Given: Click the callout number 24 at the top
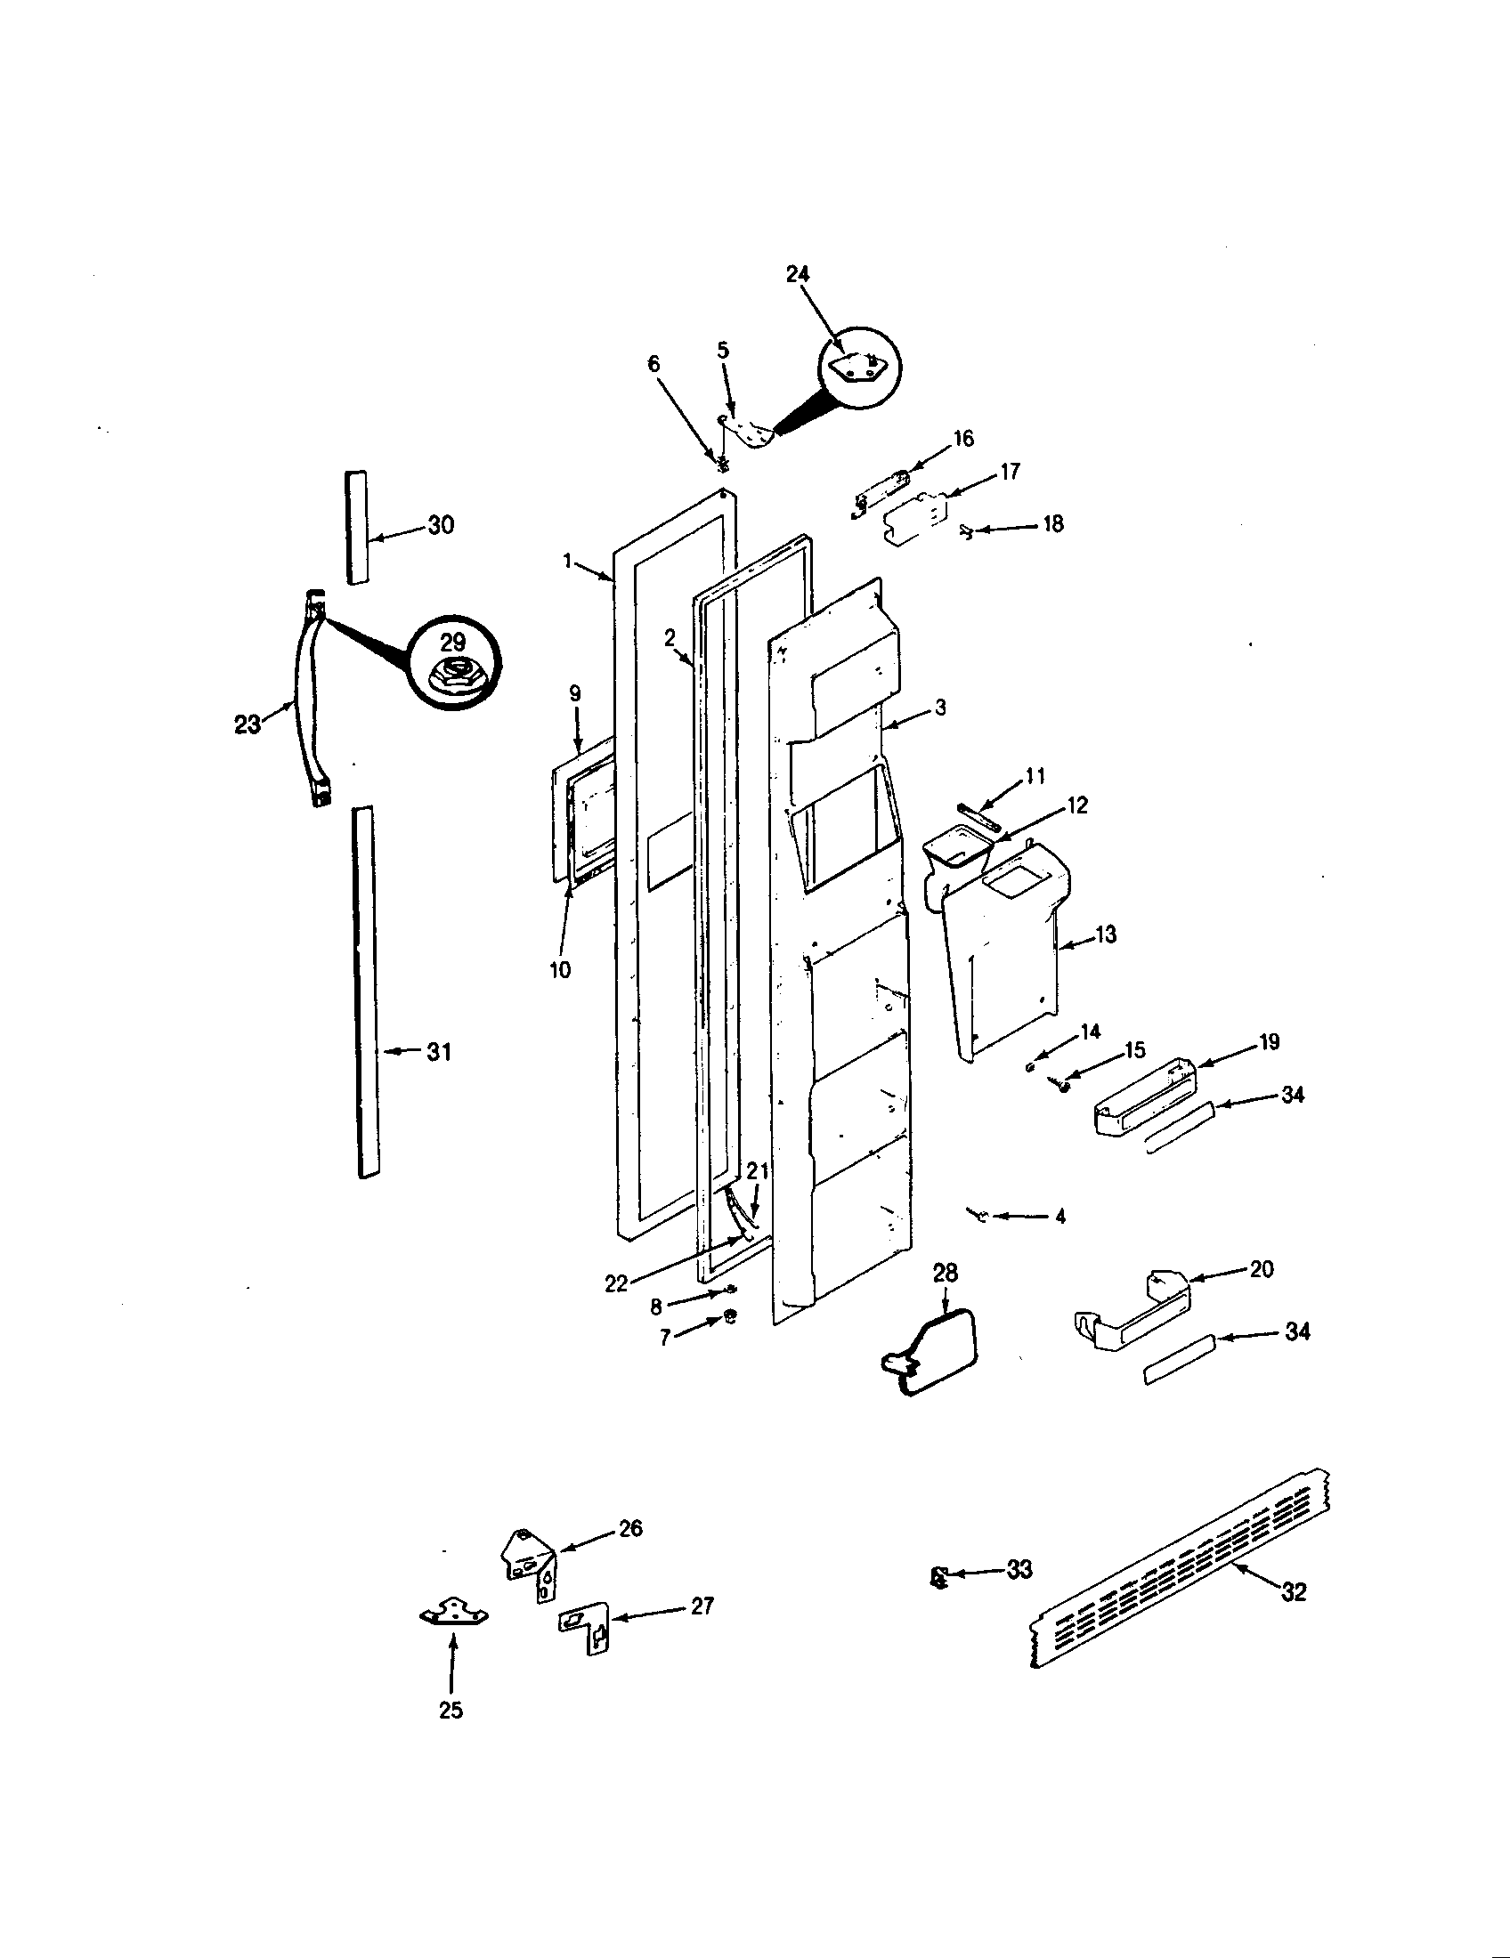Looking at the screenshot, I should pyautogui.click(x=797, y=274).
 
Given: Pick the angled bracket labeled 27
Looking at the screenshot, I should pyautogui.click(x=584, y=1628).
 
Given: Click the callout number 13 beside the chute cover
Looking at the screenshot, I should pyautogui.click(x=1106, y=935).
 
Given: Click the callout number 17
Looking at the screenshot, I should pyautogui.click(x=1010, y=472).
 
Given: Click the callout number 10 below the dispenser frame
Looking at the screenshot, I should pyautogui.click(x=559, y=970).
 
